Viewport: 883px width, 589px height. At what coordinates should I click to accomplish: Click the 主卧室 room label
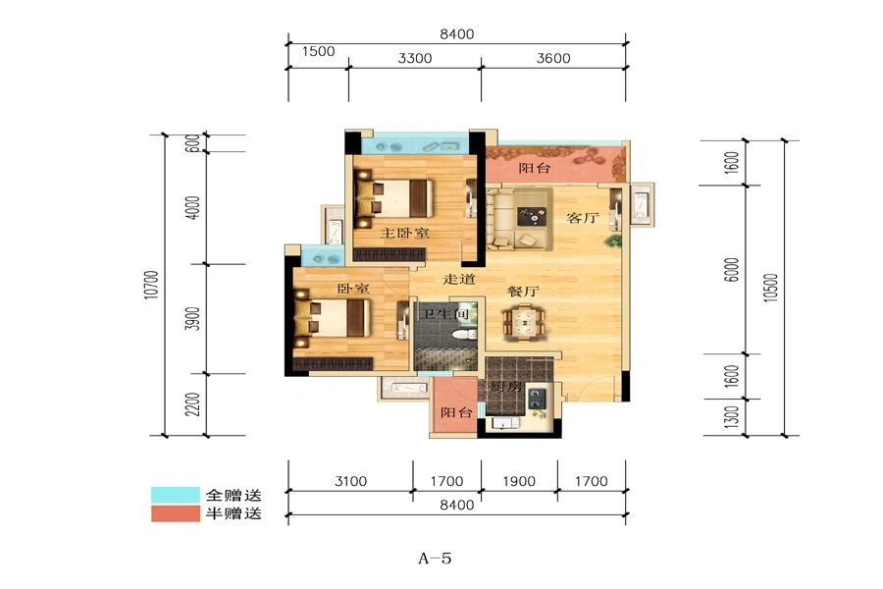tap(404, 233)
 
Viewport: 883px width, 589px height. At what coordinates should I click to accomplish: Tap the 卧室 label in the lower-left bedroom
tap(353, 289)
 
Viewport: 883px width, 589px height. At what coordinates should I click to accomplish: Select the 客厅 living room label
tap(582, 218)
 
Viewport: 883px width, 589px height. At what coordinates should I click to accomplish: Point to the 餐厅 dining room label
tap(523, 292)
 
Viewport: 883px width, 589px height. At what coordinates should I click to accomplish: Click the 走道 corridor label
tap(459, 279)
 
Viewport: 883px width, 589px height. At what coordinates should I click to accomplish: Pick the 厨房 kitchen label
tap(505, 387)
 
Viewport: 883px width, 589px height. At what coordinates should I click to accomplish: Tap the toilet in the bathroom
tap(463, 335)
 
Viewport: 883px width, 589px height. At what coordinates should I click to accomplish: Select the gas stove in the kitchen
tap(536, 399)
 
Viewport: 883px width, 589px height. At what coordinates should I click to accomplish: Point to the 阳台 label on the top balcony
tap(534, 168)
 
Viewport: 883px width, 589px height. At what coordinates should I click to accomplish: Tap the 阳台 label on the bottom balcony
tap(456, 412)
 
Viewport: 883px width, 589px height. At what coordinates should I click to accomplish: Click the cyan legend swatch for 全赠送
tap(176, 495)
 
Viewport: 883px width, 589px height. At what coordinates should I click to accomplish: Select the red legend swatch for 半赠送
tap(176, 513)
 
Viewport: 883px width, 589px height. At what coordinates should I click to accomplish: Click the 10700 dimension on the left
tap(151, 285)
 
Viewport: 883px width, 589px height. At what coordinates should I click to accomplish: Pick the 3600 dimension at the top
tap(553, 58)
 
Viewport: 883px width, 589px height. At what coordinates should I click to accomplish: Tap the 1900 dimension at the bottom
tap(519, 481)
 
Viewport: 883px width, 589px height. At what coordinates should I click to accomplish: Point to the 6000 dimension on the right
tap(731, 270)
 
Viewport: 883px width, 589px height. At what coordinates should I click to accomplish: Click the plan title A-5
tap(435, 559)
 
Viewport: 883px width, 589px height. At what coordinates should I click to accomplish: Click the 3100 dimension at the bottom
tap(350, 481)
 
